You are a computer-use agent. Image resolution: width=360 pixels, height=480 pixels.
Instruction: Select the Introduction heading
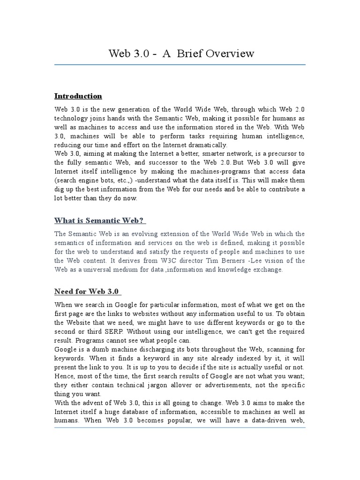click(x=78, y=96)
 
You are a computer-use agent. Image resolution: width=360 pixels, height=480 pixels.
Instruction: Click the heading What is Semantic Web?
click(x=100, y=220)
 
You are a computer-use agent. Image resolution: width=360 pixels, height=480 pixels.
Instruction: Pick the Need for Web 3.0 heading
click(x=87, y=292)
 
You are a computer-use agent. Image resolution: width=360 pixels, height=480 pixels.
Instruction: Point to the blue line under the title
click(x=180, y=65)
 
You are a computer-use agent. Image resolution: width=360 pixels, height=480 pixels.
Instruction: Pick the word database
click(x=141, y=412)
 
